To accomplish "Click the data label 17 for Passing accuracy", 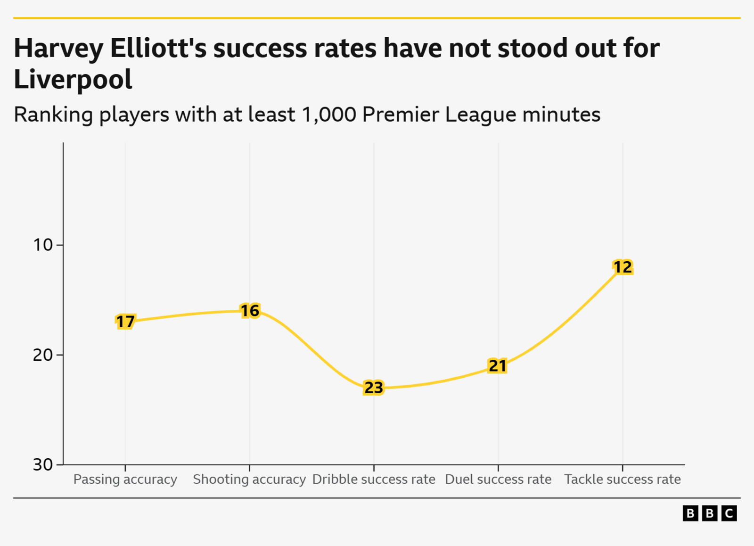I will [125, 322].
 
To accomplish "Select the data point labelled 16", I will [250, 311].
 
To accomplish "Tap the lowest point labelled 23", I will [374, 388].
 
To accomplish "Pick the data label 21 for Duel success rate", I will [498, 366].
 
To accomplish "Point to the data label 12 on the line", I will [623, 267].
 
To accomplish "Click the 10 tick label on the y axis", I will [43, 245].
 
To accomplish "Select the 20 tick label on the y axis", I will [43, 355].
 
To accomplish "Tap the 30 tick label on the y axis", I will [43, 464].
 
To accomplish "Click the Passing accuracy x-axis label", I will [125, 480].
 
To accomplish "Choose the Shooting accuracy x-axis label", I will [249, 480].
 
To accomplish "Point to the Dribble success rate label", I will [374, 480].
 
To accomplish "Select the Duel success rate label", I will [498, 480].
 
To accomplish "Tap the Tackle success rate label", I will [623, 480].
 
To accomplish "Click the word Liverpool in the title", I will [73, 80].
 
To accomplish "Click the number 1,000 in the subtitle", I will [329, 115].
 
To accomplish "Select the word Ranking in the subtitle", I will [53, 115].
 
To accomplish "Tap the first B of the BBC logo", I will [690, 513].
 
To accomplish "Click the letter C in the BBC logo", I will [729, 513].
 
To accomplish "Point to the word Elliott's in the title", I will [158, 49].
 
